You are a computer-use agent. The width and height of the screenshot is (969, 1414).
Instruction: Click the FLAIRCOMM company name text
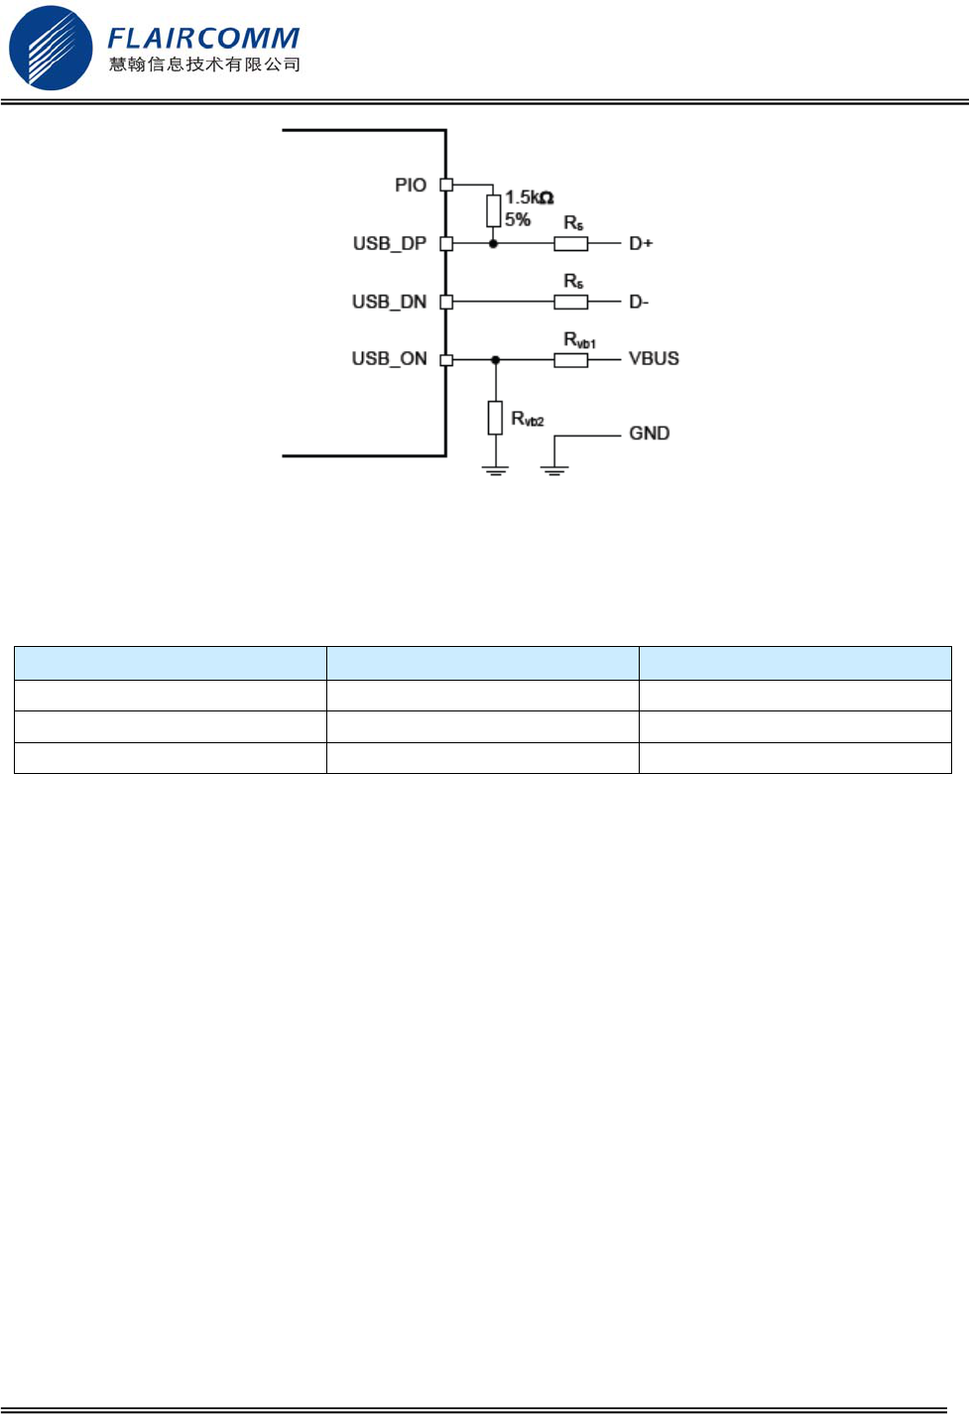(x=203, y=38)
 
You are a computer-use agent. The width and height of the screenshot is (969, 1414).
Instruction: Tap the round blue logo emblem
(x=50, y=48)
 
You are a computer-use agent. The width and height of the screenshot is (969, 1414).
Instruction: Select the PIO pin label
(x=411, y=185)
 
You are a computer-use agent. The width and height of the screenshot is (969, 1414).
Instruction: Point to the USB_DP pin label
(x=390, y=243)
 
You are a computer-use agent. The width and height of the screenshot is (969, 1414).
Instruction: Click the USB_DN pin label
(x=389, y=302)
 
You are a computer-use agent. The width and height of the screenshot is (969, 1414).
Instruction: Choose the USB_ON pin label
(x=389, y=358)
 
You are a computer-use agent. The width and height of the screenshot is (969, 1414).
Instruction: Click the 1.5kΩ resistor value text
(x=529, y=197)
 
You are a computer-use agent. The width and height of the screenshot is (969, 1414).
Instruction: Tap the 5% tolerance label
(x=518, y=219)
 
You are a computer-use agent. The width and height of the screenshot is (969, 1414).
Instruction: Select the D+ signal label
(x=641, y=243)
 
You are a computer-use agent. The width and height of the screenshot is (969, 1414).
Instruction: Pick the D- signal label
(x=639, y=302)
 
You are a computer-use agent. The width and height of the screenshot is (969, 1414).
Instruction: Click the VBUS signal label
(x=654, y=358)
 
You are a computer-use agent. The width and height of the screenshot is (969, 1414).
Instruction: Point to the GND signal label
(x=649, y=434)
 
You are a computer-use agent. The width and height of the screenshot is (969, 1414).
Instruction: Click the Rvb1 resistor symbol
(x=570, y=360)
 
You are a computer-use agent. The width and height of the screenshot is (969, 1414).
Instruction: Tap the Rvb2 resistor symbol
(x=495, y=418)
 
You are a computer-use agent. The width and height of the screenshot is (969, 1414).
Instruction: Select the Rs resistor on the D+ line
(x=570, y=243)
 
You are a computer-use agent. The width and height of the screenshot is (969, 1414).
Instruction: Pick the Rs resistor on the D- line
(x=570, y=302)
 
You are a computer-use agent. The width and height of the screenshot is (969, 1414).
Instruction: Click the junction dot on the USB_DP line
(x=493, y=243)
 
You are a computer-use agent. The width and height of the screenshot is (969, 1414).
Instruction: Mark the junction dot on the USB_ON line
(x=496, y=360)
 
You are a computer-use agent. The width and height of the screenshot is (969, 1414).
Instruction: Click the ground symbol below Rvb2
(x=495, y=469)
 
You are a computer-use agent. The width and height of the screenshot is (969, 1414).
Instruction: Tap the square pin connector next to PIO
(x=446, y=185)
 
